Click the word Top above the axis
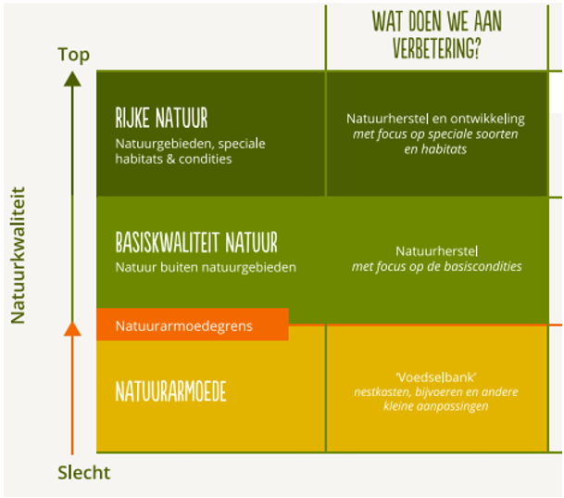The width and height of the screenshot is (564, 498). pos(73,54)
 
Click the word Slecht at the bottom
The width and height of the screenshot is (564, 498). pos(83,472)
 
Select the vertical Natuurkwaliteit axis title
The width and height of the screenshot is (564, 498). pos(18,255)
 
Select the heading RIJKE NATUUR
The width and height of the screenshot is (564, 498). pos(161,119)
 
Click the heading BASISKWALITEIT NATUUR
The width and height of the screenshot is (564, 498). pos(195,243)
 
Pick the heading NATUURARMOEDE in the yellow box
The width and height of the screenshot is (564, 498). pos(170,390)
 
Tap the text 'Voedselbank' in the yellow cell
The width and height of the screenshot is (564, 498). pos(435,377)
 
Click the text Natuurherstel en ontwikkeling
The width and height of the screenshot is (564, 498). pos(435,119)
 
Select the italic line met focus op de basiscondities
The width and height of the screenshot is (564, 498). pos(436,266)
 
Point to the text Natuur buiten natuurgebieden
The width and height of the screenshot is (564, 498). pos(206,268)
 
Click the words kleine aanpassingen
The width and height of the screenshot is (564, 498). pos(436,406)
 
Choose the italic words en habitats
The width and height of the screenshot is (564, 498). pos(435,148)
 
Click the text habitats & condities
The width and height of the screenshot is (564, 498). pos(174,159)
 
